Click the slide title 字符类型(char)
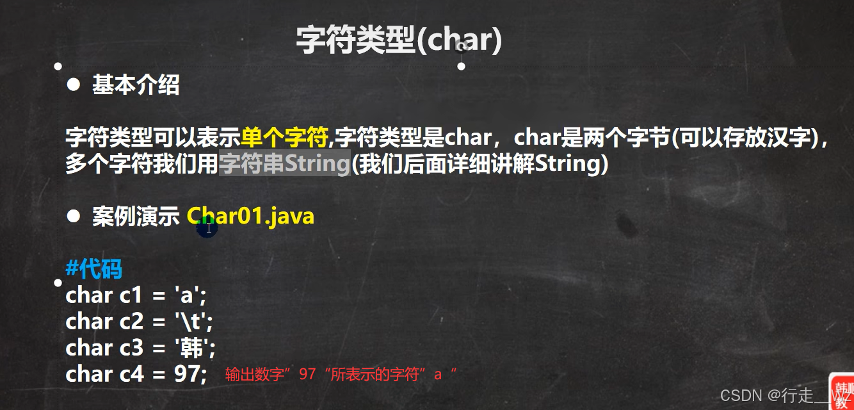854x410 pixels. coord(399,40)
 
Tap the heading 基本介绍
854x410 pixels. coord(136,85)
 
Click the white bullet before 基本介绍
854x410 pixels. coord(73,85)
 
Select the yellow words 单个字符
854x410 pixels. coord(284,137)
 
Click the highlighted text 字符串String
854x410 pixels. coord(284,163)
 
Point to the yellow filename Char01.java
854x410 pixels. coord(250,217)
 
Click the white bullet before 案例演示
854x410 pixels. coord(73,217)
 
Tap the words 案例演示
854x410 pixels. coord(136,217)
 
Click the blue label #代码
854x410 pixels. coord(94,268)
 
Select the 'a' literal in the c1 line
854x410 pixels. coord(190,295)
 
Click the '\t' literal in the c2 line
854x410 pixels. coord(193,322)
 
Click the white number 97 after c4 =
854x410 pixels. coord(187,373)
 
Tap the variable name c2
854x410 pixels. coord(131,322)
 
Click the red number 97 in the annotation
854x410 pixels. coord(307,374)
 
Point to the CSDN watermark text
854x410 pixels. coord(782,395)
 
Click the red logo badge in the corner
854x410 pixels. coord(841,392)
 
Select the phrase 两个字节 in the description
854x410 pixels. coord(626,137)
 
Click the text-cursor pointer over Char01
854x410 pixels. coord(209,228)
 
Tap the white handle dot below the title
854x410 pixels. coord(462,67)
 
